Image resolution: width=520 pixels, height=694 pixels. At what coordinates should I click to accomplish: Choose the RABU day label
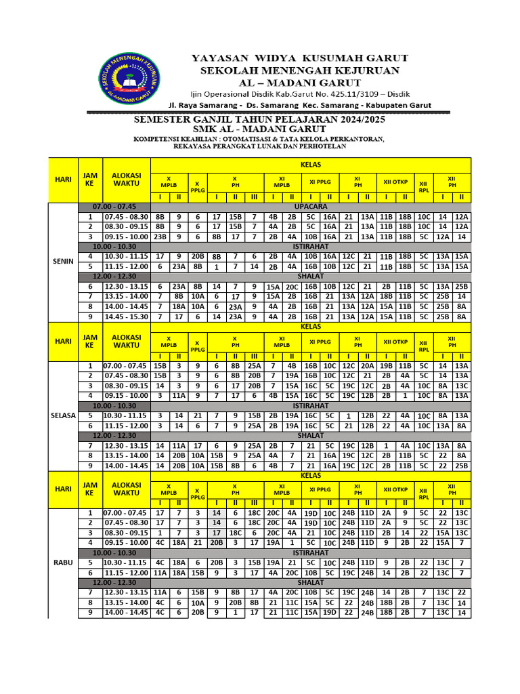click(63, 562)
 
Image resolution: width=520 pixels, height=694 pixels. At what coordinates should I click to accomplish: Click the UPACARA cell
click(311, 206)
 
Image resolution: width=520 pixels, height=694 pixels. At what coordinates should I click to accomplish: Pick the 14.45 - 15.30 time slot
click(125, 316)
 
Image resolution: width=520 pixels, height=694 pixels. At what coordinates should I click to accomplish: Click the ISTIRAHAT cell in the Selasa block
click(311, 405)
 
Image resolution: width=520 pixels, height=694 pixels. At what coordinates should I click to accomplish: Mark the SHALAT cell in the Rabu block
click(311, 582)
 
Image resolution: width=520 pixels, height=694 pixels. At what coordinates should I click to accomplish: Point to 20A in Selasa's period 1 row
click(367, 366)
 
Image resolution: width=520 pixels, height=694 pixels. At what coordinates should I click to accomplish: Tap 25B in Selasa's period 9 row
click(461, 466)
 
